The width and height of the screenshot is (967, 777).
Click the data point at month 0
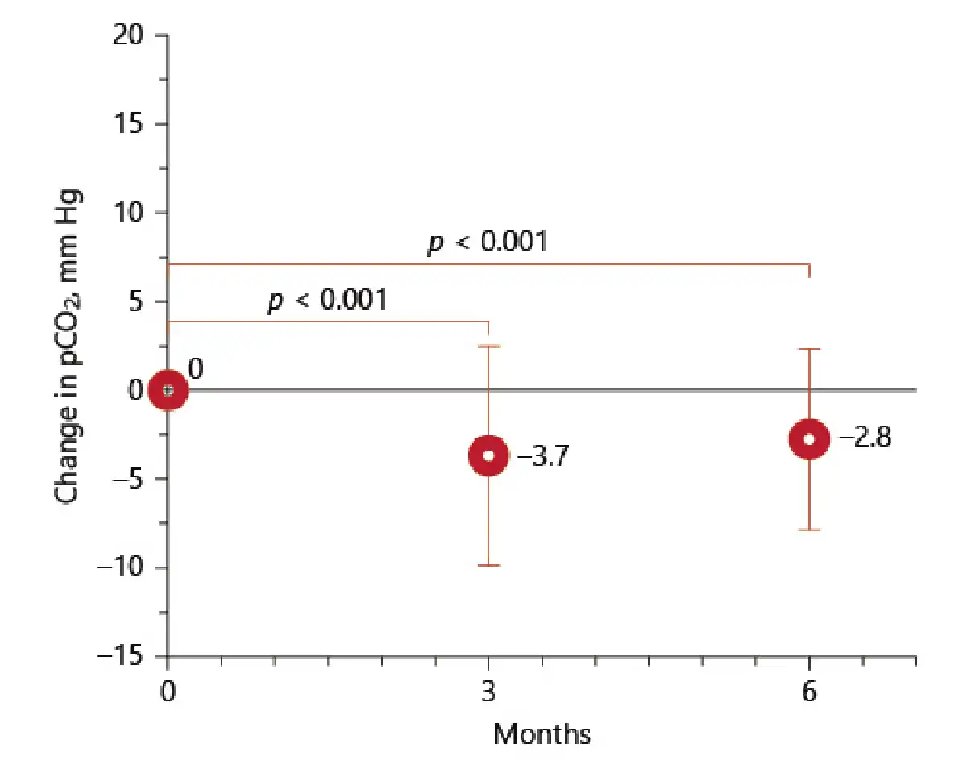pyautogui.click(x=168, y=390)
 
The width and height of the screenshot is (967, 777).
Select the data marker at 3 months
pyautogui.click(x=488, y=455)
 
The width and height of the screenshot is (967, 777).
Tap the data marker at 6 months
pyautogui.click(x=809, y=438)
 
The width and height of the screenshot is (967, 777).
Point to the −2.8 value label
pyautogui.click(x=865, y=439)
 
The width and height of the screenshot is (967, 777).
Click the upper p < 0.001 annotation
pyautogui.click(x=487, y=241)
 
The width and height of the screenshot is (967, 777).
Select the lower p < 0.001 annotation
pyautogui.click(x=326, y=300)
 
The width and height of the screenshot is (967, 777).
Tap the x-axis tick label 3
pyautogui.click(x=488, y=692)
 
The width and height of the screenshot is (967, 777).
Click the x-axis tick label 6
pyautogui.click(x=809, y=692)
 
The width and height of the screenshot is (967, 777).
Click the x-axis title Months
pyautogui.click(x=542, y=734)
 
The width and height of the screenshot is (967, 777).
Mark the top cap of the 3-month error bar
pyautogui.click(x=488, y=346)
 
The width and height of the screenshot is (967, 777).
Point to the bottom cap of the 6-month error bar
pyautogui.click(x=809, y=530)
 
